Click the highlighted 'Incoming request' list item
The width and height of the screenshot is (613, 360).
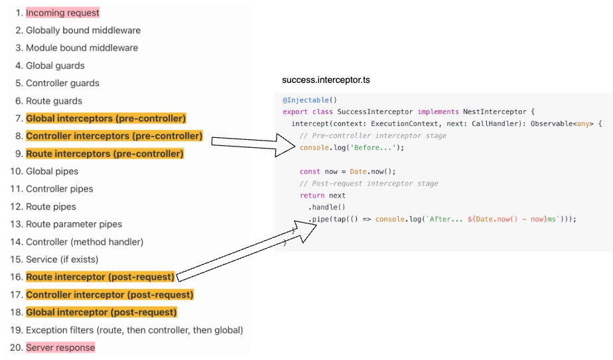coord(62,13)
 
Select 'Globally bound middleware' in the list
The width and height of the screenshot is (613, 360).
coord(83,30)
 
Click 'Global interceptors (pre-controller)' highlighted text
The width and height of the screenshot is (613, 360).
coord(105,118)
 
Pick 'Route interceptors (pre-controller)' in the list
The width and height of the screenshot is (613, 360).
coord(104,153)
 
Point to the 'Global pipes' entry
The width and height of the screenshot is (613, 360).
coord(52,171)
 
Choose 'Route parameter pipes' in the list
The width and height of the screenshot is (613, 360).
coord(74,224)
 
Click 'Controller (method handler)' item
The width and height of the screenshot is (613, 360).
coord(84,242)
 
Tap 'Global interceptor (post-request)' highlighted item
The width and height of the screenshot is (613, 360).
coord(102,312)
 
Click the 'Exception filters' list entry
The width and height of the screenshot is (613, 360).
coord(134,330)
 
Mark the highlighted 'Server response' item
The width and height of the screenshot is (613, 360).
coord(60,347)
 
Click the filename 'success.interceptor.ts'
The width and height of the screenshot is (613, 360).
coord(326,80)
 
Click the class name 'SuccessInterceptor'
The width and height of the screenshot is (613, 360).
coord(375,111)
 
